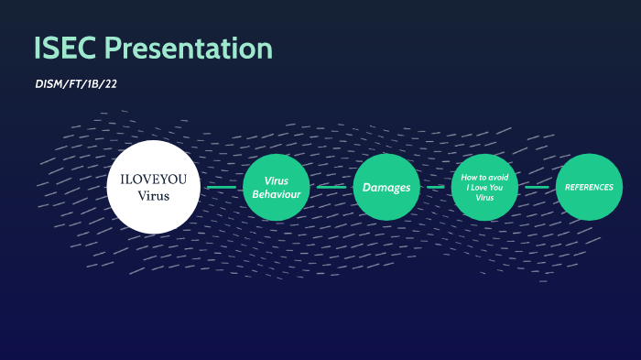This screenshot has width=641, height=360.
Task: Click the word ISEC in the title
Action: coord(65,48)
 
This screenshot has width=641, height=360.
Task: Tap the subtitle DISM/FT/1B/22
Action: coord(75,83)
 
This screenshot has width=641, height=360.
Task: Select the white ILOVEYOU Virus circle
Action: coord(153,186)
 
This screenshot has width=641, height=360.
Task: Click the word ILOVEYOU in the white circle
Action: coord(153,179)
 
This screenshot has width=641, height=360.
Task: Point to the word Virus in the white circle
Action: coord(153,195)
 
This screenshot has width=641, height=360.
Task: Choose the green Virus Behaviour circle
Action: coord(276,187)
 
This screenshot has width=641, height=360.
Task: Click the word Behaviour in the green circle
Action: coord(276,194)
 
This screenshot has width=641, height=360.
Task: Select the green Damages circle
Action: coord(386,187)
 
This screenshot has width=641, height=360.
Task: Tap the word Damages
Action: coord(386,187)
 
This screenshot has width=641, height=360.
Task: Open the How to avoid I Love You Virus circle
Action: coord(484,187)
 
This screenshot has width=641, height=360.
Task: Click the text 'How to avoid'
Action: coord(484,177)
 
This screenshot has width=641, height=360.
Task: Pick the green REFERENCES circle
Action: coord(589,187)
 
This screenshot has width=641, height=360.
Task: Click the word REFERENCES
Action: coord(589,187)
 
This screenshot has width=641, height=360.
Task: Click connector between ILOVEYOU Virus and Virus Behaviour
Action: coord(221,187)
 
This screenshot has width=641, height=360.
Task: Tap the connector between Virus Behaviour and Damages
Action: coord(331,187)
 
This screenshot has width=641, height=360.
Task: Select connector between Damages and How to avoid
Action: coord(435,187)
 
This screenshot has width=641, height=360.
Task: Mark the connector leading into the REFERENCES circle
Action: coord(537,187)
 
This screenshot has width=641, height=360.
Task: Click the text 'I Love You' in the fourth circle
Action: coord(484,187)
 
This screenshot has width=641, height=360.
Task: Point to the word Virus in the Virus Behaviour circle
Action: coord(276,180)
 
